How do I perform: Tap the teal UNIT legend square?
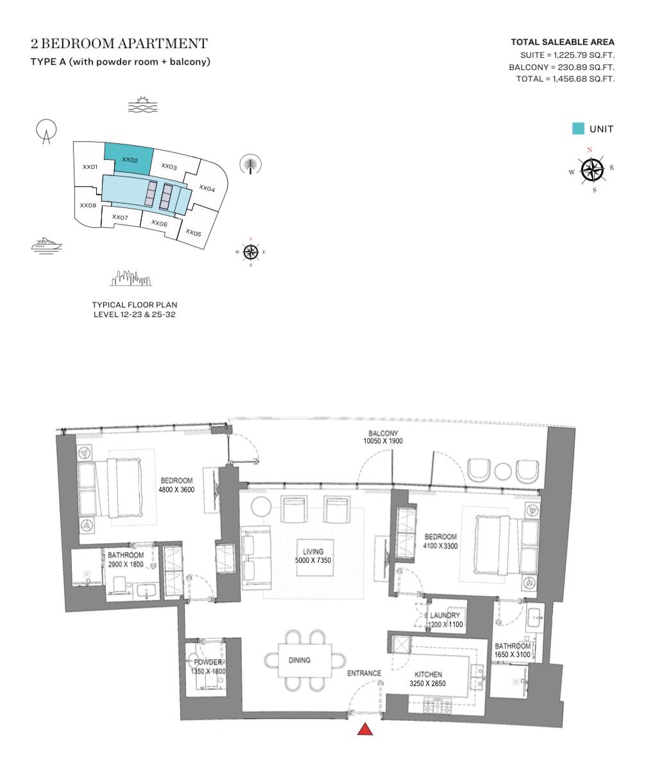coord(578,129)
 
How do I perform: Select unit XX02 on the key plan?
coord(130,160)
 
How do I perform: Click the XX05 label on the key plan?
coord(194,233)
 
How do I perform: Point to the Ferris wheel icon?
coord(46,132)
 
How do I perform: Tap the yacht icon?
coord(46,245)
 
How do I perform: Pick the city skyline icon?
coord(131,278)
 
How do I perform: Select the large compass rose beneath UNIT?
coord(592,170)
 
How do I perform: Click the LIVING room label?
coord(313,552)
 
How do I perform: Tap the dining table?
coord(305,660)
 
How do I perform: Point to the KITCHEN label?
coord(428,675)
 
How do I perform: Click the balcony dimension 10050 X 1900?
coord(383,441)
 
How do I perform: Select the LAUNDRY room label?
coord(445,615)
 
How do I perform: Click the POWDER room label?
coord(208,662)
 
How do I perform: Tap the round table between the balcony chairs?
coord(503,471)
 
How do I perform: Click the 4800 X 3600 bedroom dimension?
coord(176,490)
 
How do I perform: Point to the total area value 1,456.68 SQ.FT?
coord(583,79)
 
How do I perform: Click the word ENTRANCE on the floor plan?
coord(364,673)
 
